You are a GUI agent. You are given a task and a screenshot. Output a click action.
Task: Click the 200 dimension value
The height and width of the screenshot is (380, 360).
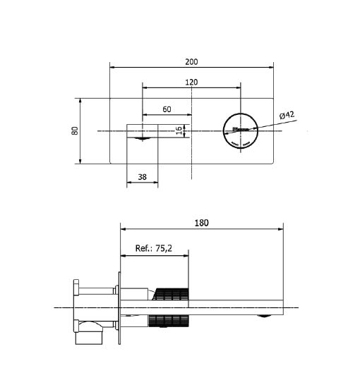(191, 62)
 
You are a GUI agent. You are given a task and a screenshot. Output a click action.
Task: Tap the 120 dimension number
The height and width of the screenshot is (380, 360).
(191, 82)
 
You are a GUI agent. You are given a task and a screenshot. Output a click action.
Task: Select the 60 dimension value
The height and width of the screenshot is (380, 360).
(167, 109)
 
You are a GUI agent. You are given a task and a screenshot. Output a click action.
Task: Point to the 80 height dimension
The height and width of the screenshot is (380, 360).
(75, 130)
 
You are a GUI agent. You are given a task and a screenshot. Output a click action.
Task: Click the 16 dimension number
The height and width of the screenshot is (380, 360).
(179, 130)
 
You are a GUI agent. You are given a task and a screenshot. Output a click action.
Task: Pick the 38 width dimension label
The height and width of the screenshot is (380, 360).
(142, 177)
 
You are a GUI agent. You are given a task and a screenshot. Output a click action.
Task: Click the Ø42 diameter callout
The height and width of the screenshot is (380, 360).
(287, 115)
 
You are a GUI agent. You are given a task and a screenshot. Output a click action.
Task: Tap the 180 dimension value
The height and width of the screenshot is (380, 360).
(202, 223)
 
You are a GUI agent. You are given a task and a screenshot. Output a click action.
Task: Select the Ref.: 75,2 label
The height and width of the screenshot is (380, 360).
(154, 248)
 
